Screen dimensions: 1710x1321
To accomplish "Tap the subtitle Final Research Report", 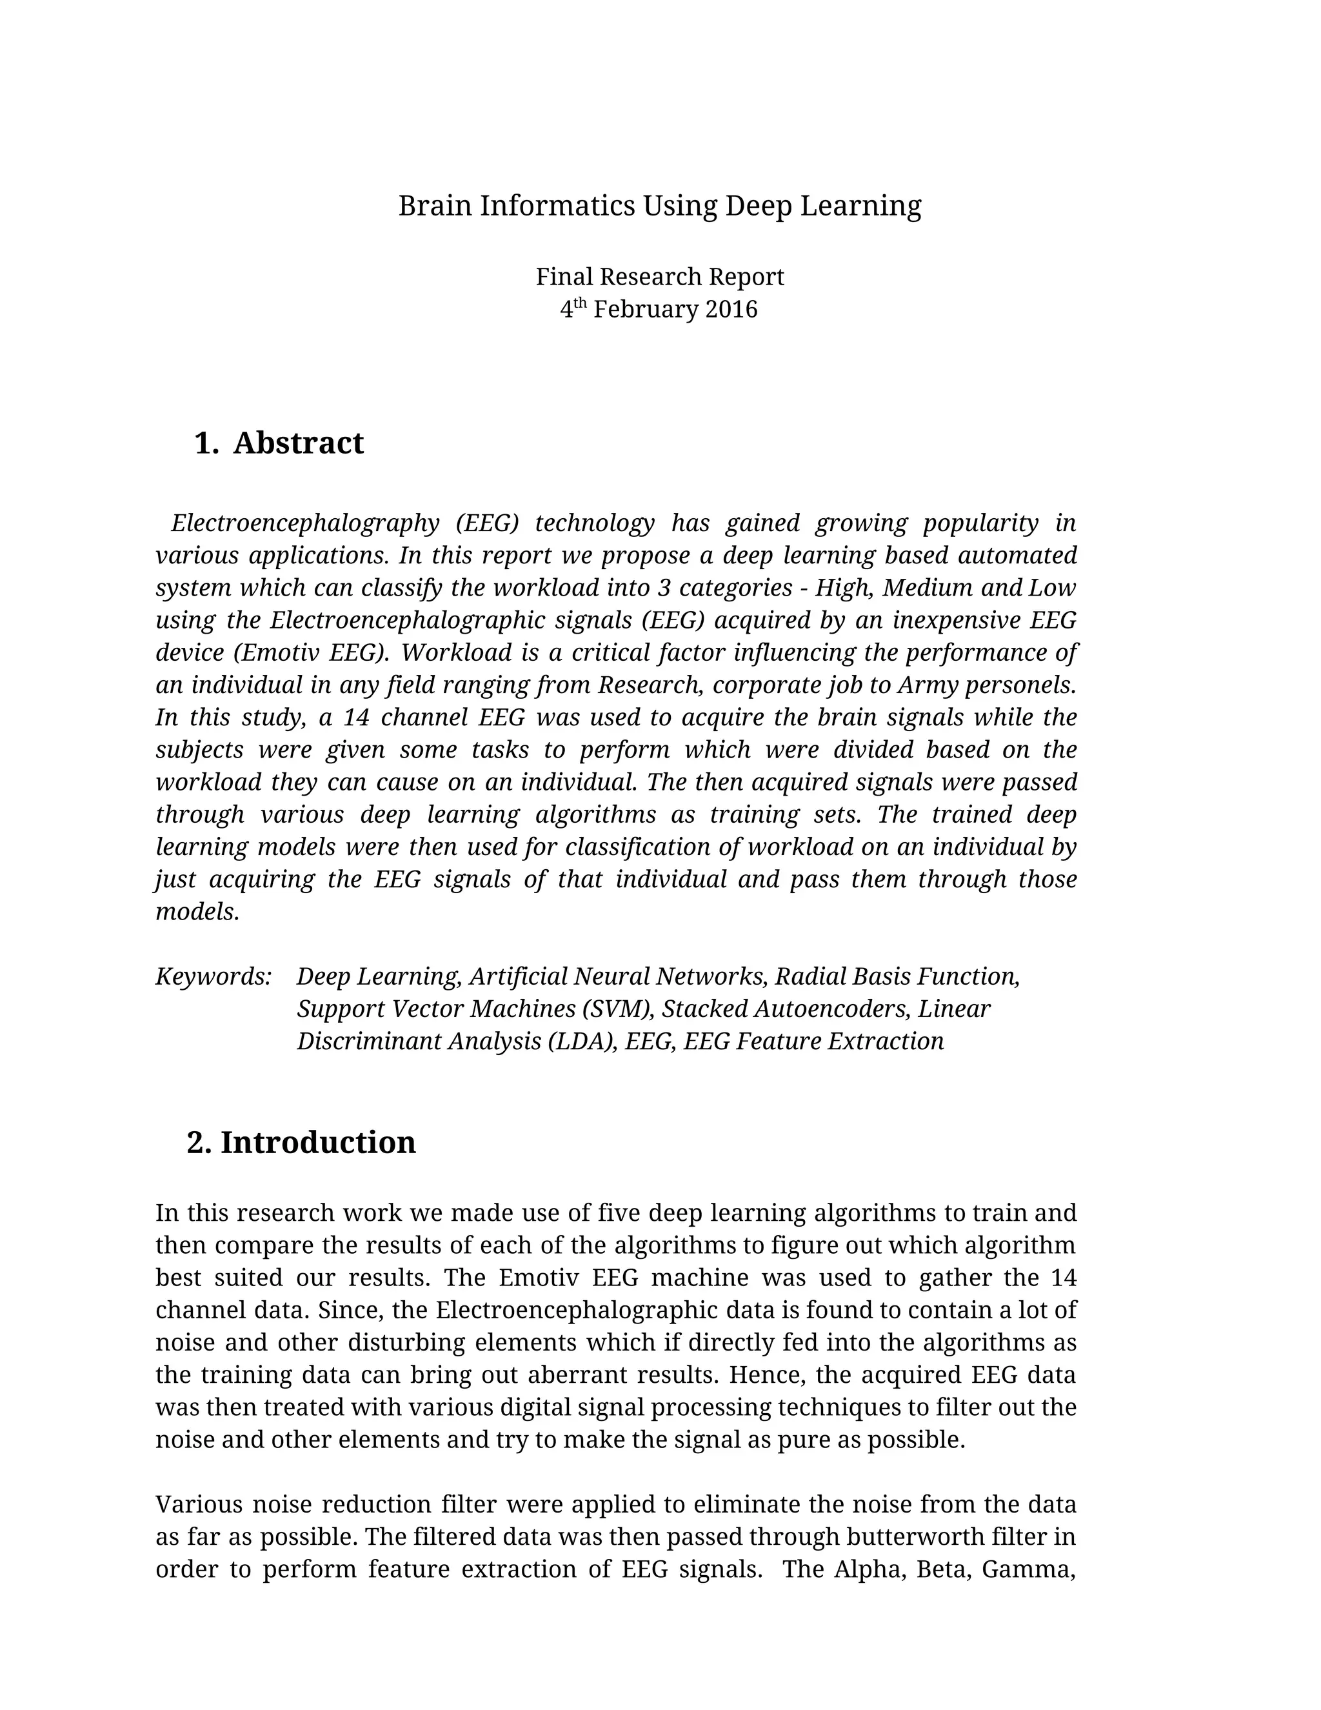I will pyautogui.click(x=660, y=276).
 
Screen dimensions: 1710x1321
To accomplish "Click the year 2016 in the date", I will pyautogui.click(x=731, y=309).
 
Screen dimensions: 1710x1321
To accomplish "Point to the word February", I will pyautogui.click(x=646, y=309).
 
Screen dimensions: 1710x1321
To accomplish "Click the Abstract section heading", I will pyautogui.click(x=298, y=443).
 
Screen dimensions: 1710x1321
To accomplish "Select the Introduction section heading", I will pyautogui.click(x=318, y=1142).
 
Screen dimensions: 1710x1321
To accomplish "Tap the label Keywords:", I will pyautogui.click(x=214, y=976).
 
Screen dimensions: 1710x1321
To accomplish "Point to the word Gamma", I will pyautogui.click(x=1028, y=1570).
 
